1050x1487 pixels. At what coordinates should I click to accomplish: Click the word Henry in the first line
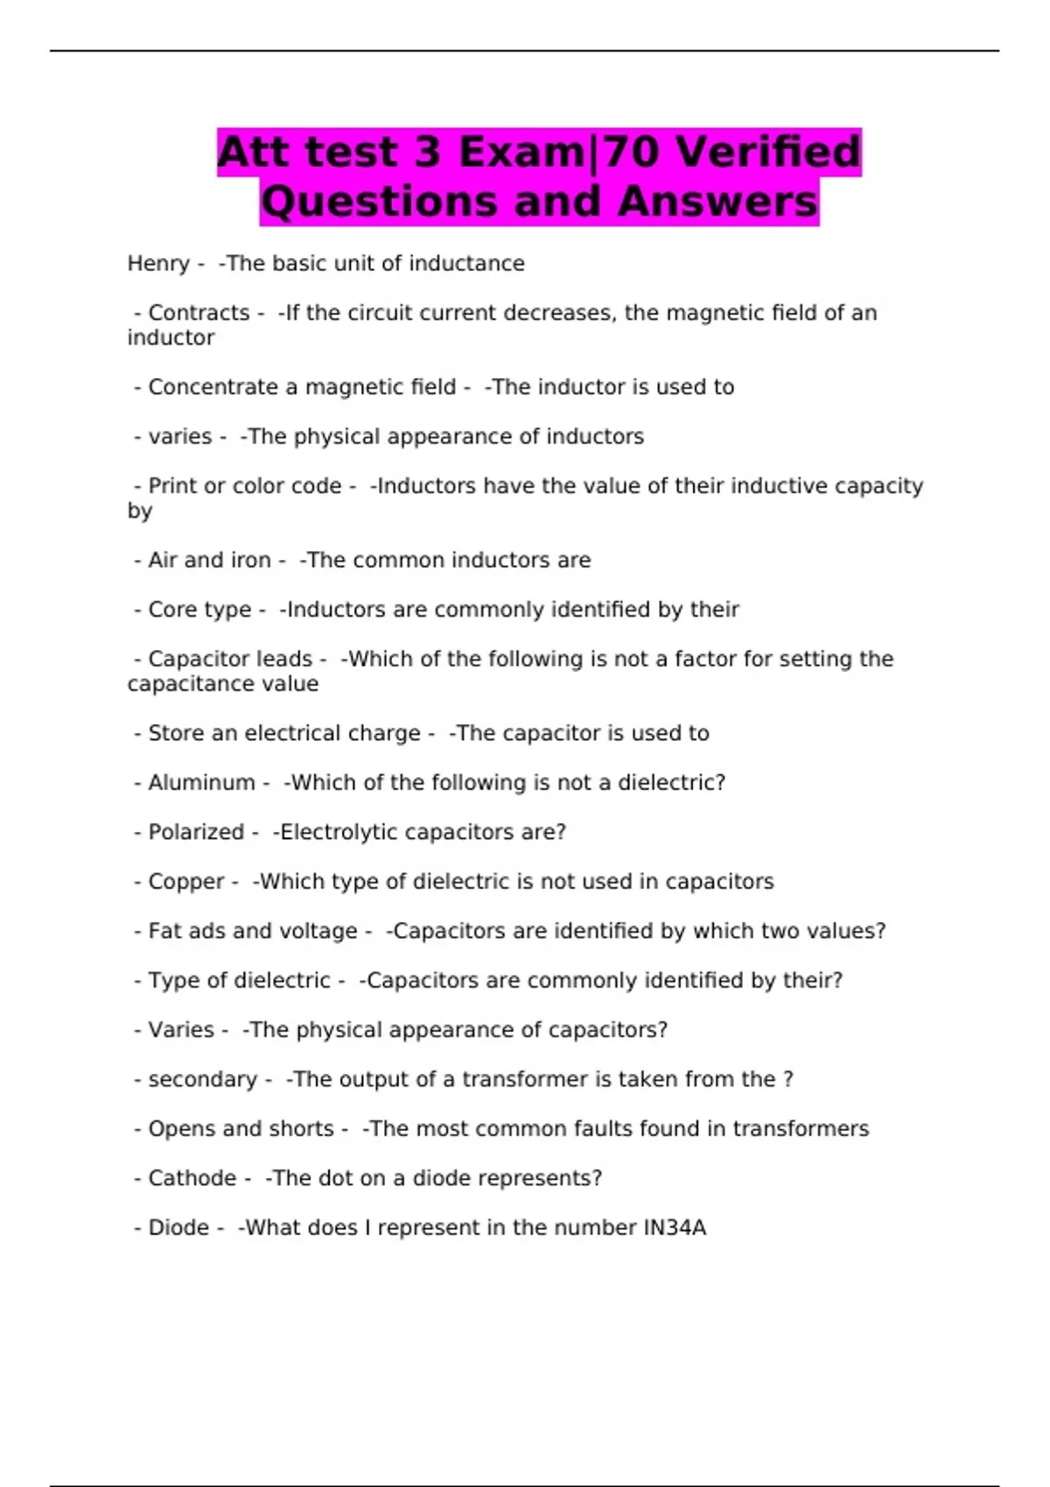pos(158,263)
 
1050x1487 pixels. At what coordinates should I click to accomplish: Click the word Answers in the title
pos(717,202)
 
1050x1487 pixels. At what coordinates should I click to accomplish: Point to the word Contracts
pos(199,312)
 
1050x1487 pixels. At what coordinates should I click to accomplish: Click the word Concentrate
pos(213,387)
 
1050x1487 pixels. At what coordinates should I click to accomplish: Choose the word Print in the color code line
pos(172,485)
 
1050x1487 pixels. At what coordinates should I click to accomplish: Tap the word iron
pos(250,560)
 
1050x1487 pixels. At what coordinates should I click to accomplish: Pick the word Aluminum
pos(201,782)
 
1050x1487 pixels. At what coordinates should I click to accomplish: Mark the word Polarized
pos(196,832)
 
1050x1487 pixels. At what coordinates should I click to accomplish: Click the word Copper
pos(186,881)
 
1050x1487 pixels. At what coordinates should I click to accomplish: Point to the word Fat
pos(164,931)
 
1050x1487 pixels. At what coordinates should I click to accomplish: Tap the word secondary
pos(203,1079)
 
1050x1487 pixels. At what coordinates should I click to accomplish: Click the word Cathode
pos(192,1178)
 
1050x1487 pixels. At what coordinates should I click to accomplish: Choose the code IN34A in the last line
pos(675,1227)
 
